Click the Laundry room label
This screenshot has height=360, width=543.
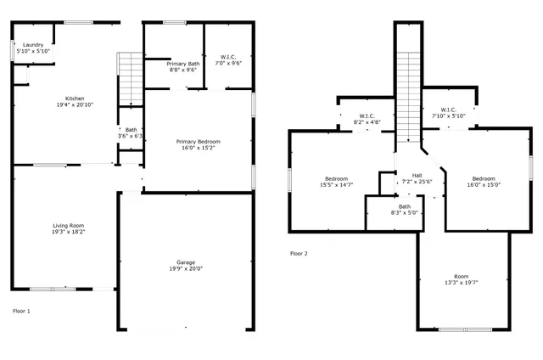click(33, 44)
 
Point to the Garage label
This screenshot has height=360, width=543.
click(186, 262)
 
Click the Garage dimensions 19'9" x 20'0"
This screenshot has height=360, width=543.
click(186, 269)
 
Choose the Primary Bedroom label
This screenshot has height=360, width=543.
click(199, 141)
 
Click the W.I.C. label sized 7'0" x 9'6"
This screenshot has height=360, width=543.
click(229, 56)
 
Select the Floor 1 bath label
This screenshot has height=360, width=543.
click(131, 130)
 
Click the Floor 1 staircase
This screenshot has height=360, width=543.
click(131, 76)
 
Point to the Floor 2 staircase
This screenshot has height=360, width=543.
click(409, 93)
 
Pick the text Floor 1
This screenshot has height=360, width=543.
click(21, 312)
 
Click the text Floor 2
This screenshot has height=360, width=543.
click(299, 254)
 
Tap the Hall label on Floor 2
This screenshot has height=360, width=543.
click(417, 174)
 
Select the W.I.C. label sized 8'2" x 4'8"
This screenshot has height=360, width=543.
click(367, 116)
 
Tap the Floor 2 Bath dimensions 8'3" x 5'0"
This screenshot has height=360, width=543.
click(404, 214)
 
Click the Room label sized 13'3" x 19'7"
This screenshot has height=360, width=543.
click(461, 276)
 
